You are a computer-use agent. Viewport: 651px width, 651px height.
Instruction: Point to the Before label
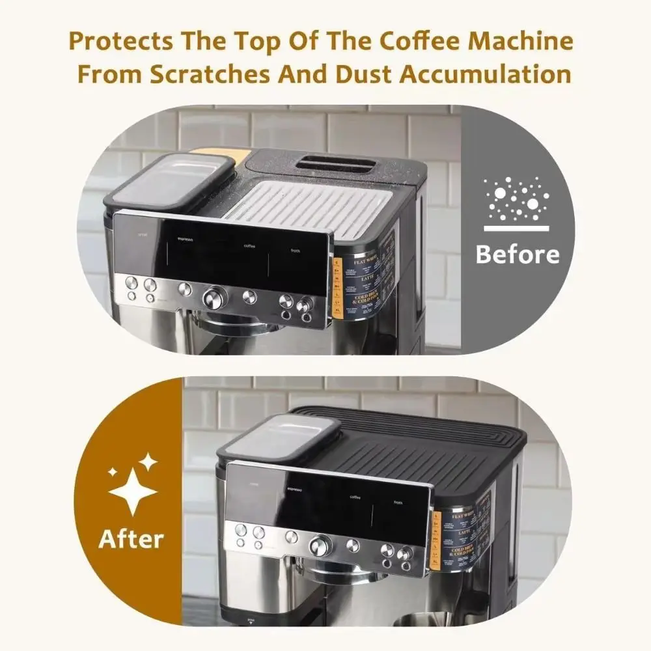coord(518,255)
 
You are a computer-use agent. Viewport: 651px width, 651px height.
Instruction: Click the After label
coord(132,539)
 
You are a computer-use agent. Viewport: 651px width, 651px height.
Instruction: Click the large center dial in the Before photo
coord(213,298)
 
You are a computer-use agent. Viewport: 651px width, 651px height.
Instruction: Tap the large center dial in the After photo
coord(320,545)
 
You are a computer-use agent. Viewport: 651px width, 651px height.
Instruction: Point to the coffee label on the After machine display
coord(355,497)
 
